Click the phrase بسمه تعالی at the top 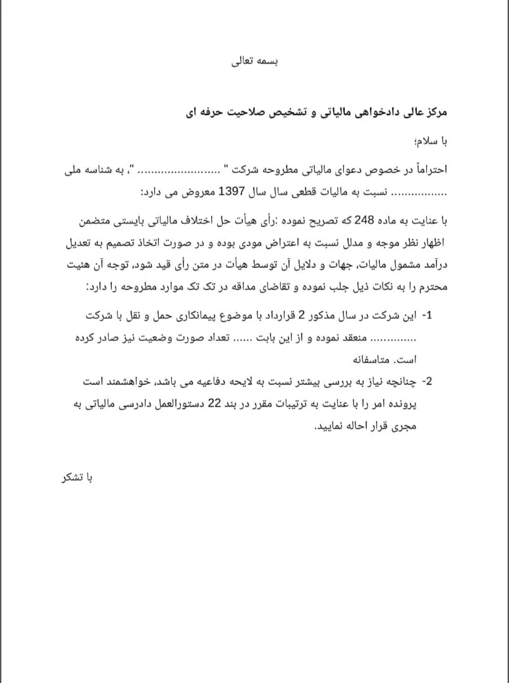(256, 63)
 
